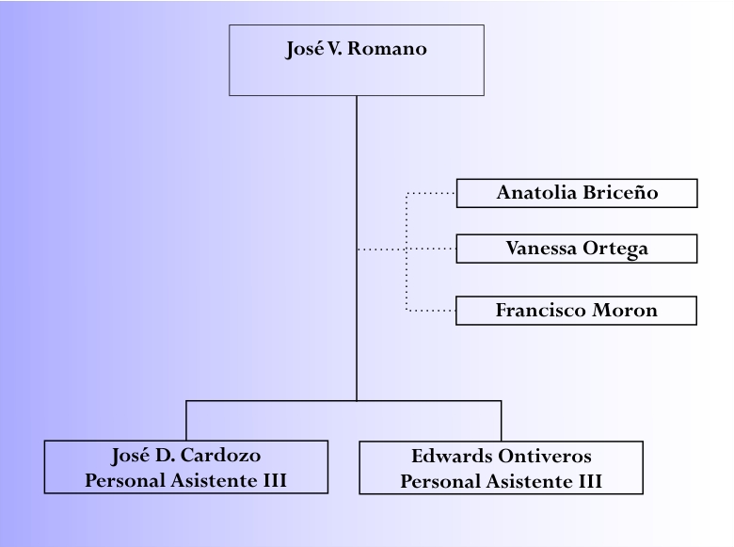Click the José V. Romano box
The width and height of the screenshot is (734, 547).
point(357,60)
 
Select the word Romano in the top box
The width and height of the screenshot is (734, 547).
point(387,49)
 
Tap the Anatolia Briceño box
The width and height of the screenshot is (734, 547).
point(577,193)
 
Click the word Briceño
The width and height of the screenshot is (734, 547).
point(620,192)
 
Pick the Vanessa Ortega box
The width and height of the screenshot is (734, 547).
point(576,249)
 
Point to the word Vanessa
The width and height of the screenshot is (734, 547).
point(541,249)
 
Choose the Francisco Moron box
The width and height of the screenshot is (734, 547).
point(576,311)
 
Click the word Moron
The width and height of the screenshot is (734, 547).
point(625,310)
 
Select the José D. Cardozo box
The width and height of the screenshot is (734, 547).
point(186,467)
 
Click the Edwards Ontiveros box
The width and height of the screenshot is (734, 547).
point(501,467)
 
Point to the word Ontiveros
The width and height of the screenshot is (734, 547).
point(545,456)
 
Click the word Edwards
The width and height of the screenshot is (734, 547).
point(453,456)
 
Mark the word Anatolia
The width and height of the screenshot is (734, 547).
point(537,192)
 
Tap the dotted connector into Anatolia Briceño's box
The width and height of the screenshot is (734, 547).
point(431,193)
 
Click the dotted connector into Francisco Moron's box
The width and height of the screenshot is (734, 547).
point(431,311)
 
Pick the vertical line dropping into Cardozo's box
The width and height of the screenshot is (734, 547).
point(186,421)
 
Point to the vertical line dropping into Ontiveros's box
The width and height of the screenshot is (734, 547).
point(501,421)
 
